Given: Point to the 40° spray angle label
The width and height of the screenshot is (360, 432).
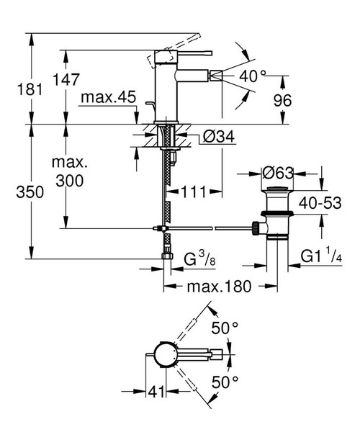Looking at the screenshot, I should (x=253, y=75).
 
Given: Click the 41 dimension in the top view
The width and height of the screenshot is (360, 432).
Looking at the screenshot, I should (x=153, y=392).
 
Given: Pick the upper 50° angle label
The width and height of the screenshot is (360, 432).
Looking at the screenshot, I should (x=225, y=328).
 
